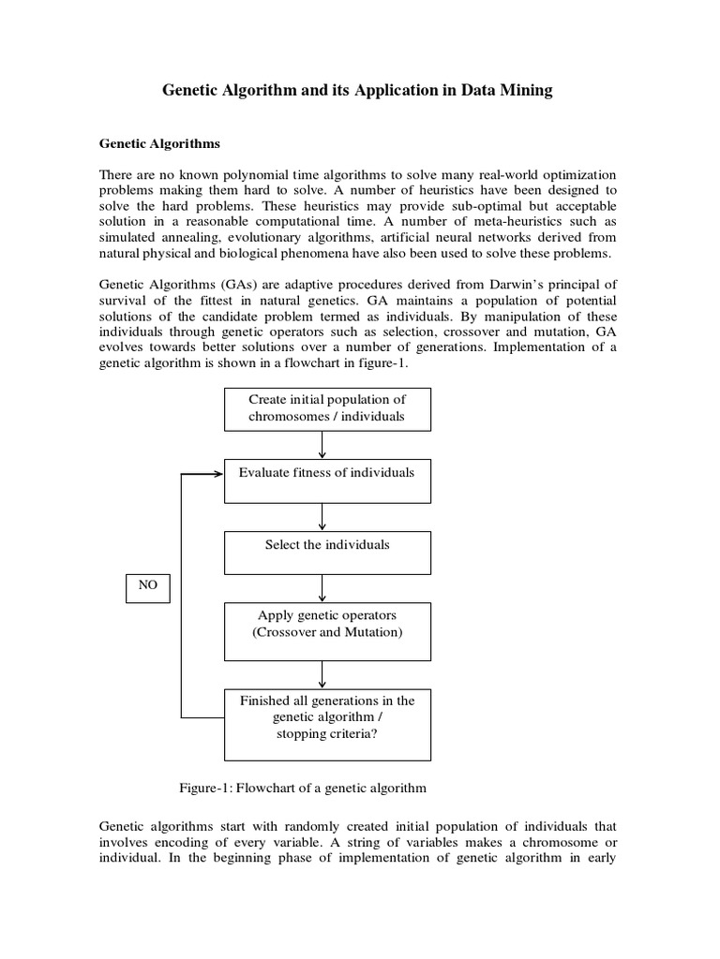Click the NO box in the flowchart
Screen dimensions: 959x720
[x=148, y=587]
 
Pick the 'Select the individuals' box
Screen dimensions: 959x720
[x=327, y=553]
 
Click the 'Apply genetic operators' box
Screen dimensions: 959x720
[x=327, y=630]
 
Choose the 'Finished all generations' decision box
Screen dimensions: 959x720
[x=327, y=723]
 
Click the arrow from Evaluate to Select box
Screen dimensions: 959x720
[x=322, y=517]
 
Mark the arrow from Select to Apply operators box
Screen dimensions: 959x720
[x=322, y=588]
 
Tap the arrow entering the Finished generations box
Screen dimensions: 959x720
[x=322, y=674]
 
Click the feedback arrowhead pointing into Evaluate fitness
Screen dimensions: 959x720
[x=217, y=474]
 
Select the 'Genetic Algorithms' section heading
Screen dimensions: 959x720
[x=159, y=144]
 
